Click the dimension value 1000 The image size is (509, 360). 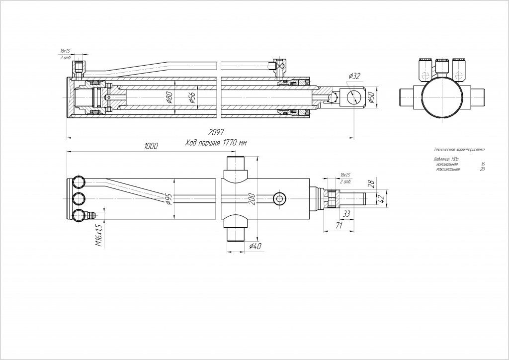151,146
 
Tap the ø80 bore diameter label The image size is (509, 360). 170,97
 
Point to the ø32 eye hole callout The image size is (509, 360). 354,76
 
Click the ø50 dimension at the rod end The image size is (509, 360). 370,98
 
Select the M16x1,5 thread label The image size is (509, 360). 99,235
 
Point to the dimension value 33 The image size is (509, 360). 346,214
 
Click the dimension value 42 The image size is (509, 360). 382,198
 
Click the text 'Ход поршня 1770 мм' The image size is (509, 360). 216,143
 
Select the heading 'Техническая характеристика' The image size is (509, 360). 459,149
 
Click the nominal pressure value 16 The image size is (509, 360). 483,164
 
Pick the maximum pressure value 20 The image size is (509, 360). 482,169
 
